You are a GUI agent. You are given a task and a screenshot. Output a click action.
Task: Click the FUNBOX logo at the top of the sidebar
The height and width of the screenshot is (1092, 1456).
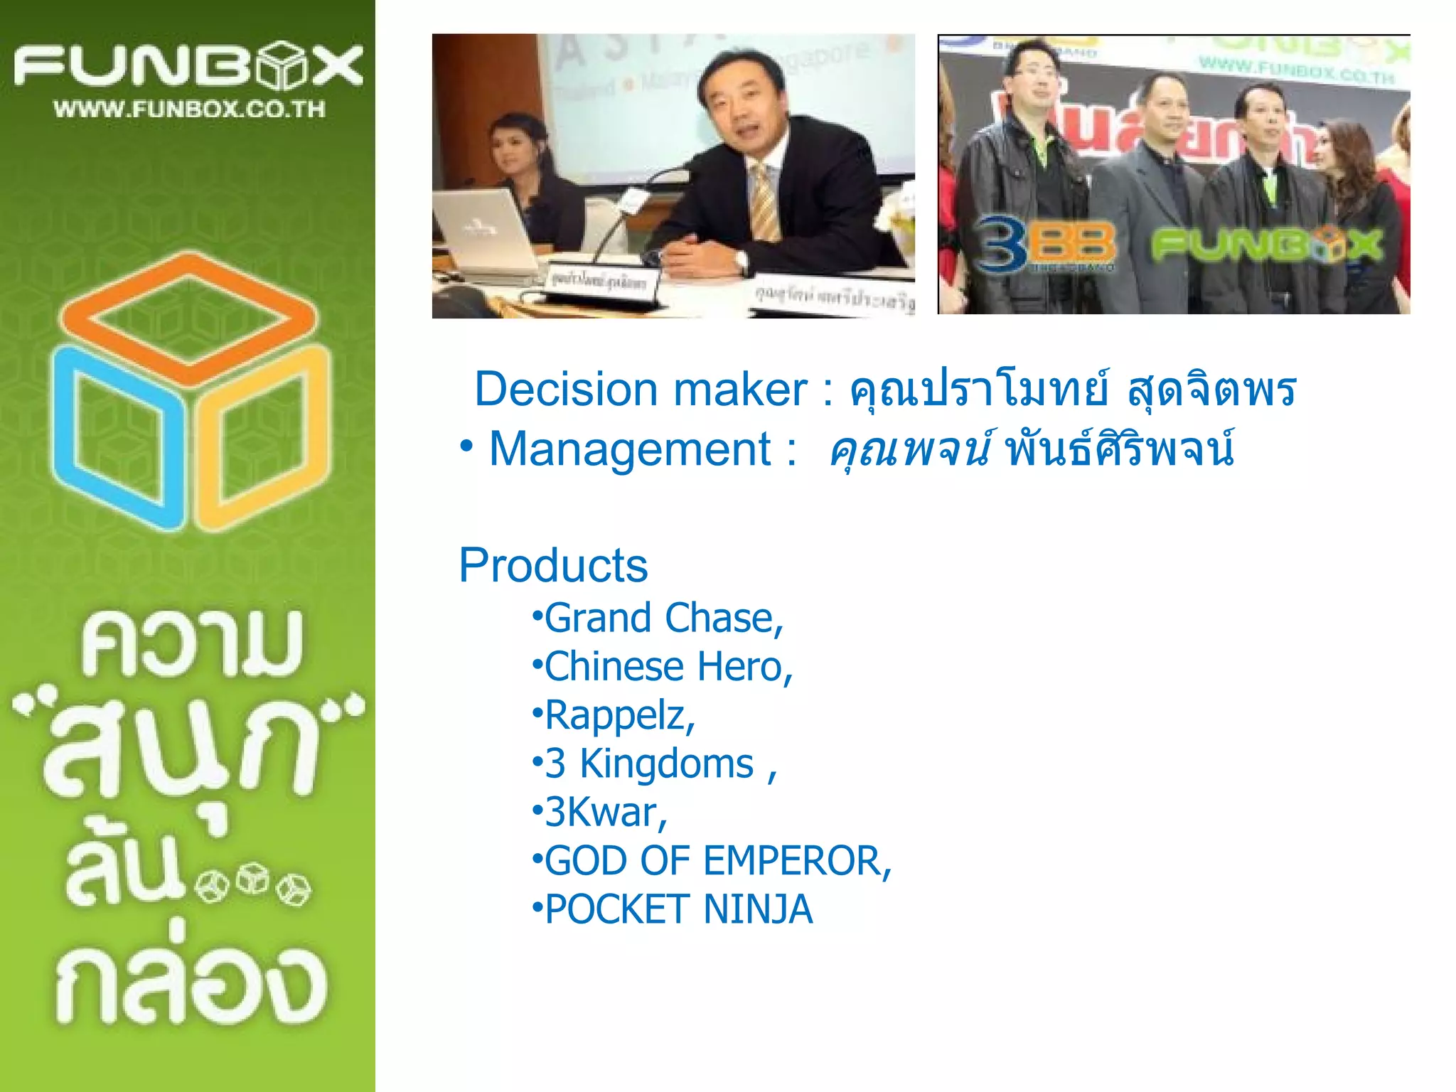pos(188,65)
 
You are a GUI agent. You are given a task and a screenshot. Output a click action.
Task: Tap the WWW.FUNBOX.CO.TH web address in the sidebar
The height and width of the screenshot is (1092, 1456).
pos(189,109)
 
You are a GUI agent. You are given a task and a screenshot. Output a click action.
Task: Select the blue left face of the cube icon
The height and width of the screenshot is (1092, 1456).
pos(117,437)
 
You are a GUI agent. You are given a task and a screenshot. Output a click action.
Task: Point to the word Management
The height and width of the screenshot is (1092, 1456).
pos(630,449)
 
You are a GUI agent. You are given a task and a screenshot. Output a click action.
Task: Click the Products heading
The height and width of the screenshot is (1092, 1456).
pos(553,566)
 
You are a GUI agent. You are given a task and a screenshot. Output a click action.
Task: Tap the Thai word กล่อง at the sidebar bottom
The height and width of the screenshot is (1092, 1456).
pos(191,985)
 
